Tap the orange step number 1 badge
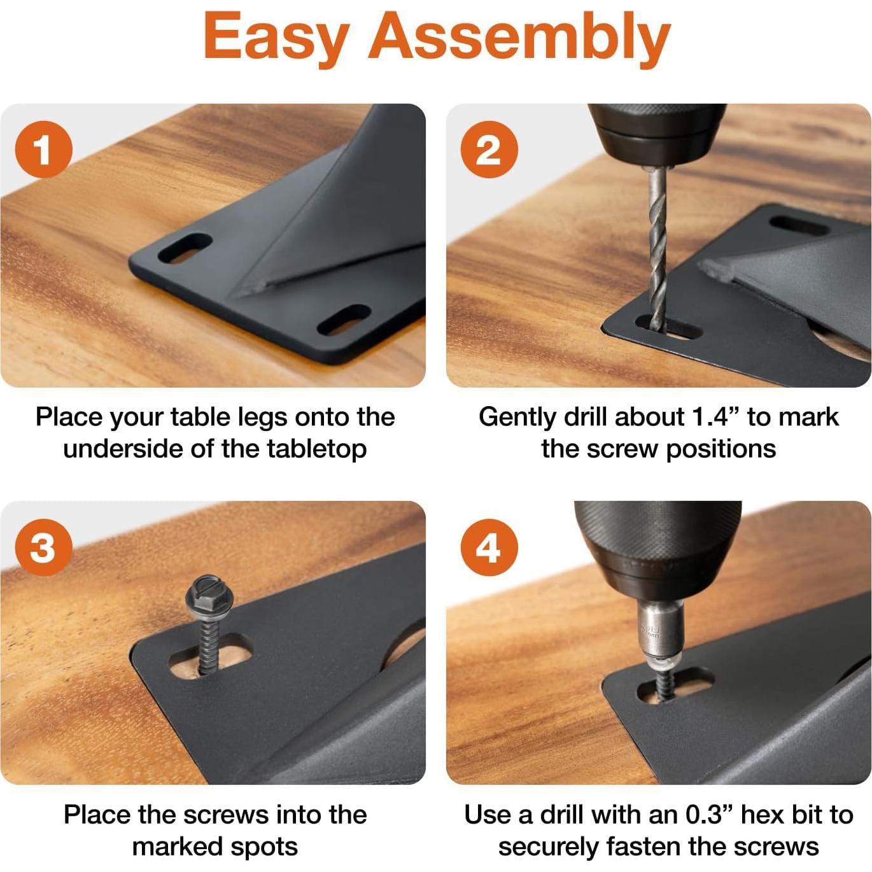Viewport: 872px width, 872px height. (43, 150)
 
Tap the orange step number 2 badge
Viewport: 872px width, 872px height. (489, 150)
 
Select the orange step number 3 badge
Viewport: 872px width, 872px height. (43, 547)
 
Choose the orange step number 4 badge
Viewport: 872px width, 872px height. (489, 547)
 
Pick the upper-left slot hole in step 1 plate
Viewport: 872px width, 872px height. (185, 248)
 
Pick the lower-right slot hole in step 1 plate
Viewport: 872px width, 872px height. (344, 320)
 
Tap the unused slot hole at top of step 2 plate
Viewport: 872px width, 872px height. (798, 225)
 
